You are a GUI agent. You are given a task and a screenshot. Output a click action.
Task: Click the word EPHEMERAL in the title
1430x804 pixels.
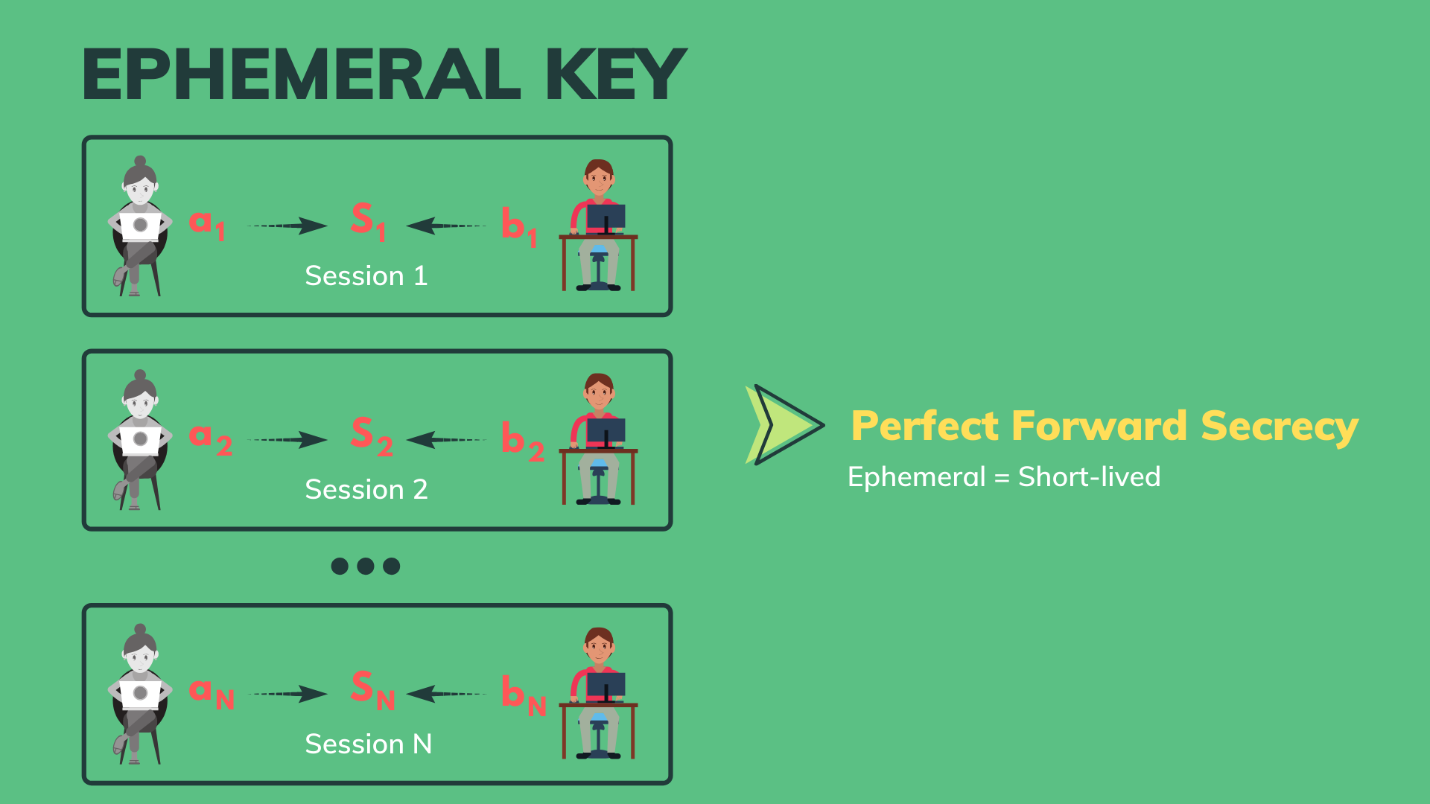coord(302,74)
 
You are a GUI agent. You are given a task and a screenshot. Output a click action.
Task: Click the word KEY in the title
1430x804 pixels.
coord(615,74)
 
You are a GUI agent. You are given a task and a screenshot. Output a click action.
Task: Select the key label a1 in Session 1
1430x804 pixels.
coord(207,224)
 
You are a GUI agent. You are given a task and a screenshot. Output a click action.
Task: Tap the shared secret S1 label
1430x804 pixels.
coord(369,222)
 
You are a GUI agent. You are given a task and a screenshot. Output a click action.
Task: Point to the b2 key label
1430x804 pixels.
coord(523,441)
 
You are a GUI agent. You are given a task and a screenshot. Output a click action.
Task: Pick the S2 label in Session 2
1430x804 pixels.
coord(372,437)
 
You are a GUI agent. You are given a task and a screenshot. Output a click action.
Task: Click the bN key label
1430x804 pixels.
coord(524,695)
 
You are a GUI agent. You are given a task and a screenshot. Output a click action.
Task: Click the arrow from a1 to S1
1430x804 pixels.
coord(287,226)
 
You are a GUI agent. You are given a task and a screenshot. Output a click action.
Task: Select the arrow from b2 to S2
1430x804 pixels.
coord(446,440)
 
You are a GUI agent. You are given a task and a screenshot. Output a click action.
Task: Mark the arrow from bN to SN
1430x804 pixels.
coord(446,695)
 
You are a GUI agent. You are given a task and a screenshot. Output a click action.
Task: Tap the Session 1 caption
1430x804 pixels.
coord(366,276)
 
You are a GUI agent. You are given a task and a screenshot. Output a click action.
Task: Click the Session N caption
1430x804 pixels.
coord(369,744)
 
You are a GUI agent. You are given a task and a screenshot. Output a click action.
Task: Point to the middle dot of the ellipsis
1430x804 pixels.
coord(366,567)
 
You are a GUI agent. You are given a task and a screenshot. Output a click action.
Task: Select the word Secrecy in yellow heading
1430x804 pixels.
coord(1280,427)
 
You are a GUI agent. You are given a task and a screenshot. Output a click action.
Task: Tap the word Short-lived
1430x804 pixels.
coord(1090,476)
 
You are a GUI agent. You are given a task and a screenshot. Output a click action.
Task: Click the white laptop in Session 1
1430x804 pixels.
coord(140,226)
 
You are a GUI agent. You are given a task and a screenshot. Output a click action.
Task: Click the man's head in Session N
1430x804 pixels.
coord(599,645)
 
